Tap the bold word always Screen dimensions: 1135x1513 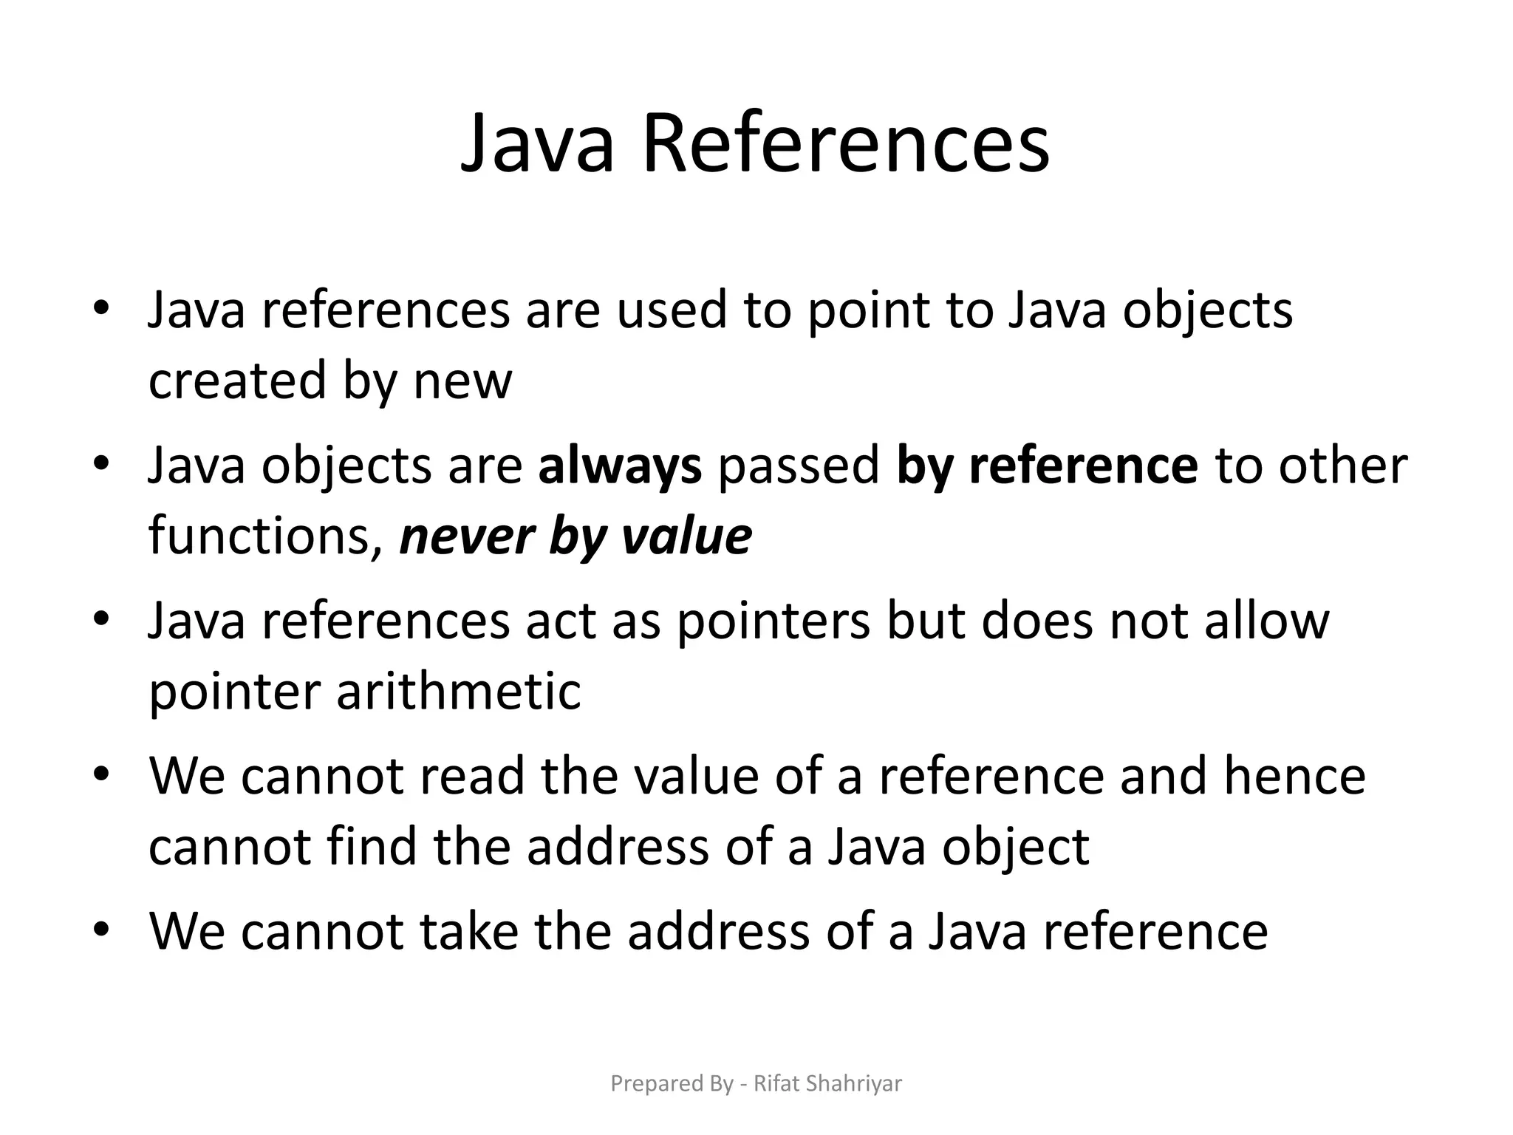click(620, 466)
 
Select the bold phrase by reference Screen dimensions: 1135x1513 click(1047, 466)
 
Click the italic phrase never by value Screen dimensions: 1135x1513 click(576, 536)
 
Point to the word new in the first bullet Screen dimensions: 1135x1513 click(462, 381)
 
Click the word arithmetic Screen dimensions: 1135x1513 click(459, 692)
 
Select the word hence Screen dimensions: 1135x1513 click(1295, 776)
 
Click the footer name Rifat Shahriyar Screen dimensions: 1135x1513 click(827, 1084)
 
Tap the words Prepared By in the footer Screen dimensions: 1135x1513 click(672, 1084)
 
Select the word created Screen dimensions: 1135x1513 click(237, 381)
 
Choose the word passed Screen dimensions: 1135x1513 click(799, 466)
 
